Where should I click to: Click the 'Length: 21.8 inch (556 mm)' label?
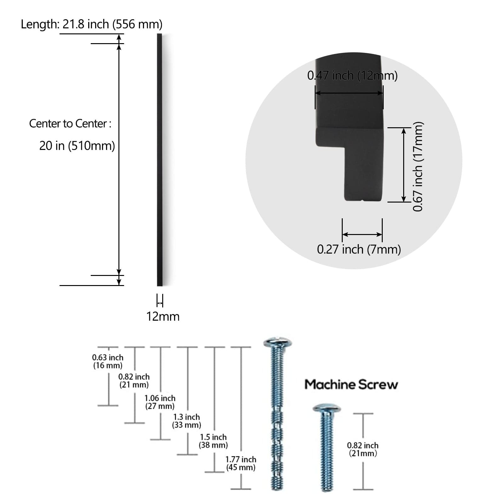[x=91, y=24]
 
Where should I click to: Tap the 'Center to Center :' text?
[x=70, y=124]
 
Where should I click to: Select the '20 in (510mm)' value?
[x=77, y=146]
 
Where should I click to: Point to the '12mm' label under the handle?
[x=163, y=317]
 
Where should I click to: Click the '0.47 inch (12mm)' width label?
[x=352, y=76]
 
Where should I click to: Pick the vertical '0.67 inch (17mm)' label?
[x=418, y=166]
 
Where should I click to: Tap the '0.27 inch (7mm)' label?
[x=359, y=249]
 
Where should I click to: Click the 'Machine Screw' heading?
[x=351, y=385]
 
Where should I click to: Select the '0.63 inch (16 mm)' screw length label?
[x=108, y=361]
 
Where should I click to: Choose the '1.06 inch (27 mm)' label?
[x=160, y=402]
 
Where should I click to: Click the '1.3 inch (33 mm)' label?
[x=186, y=421]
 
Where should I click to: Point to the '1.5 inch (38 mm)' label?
[x=213, y=441]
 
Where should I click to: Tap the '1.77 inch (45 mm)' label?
[x=241, y=463]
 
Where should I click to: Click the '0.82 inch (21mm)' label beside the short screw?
[x=363, y=449]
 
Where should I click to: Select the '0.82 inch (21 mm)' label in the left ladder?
[x=134, y=381]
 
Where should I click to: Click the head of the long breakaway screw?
[x=277, y=342]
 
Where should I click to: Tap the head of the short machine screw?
[x=327, y=409]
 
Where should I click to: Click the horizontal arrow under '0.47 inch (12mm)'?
[x=349, y=93]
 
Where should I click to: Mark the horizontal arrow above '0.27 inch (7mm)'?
[x=362, y=234]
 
